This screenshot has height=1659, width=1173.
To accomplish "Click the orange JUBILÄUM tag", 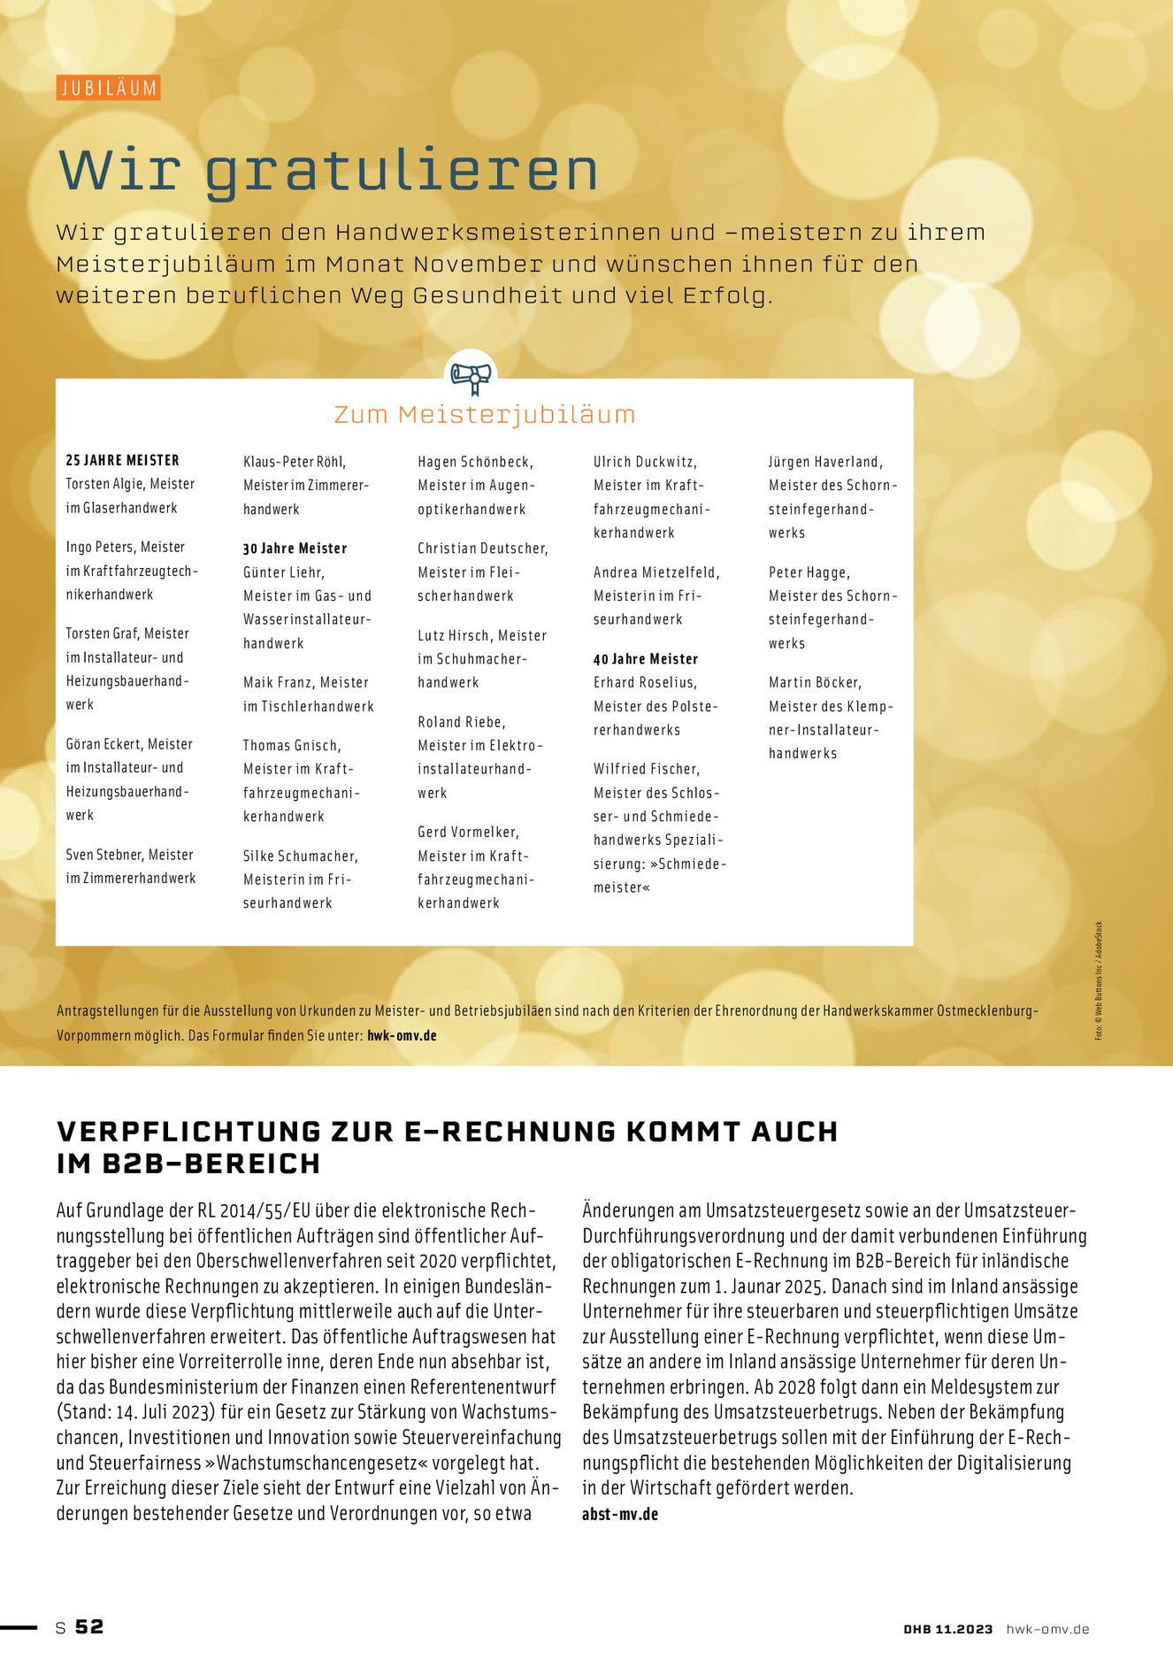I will (x=109, y=88).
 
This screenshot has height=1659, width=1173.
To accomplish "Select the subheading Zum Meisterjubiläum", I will (x=485, y=414).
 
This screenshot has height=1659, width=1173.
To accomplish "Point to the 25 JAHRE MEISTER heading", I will (x=123, y=460).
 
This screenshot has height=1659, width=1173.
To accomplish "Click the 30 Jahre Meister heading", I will (x=295, y=549).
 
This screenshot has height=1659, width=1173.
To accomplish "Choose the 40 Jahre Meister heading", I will (x=646, y=659).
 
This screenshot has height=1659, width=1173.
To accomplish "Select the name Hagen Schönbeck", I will (x=475, y=462).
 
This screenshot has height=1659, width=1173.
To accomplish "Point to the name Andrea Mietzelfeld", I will (x=655, y=572).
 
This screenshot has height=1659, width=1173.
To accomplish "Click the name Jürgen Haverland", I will (x=824, y=462).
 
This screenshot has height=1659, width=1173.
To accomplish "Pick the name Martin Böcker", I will (x=814, y=682).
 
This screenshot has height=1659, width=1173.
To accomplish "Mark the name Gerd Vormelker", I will (x=467, y=832).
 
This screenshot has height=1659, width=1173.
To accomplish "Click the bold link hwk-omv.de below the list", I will (x=402, y=1035).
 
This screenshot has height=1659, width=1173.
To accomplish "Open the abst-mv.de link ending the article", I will (x=620, y=1514).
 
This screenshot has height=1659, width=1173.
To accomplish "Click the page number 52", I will (x=89, y=1626).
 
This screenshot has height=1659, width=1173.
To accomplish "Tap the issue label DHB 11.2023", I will (x=948, y=1629).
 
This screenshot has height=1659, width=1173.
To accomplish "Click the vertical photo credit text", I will (x=1099, y=980).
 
